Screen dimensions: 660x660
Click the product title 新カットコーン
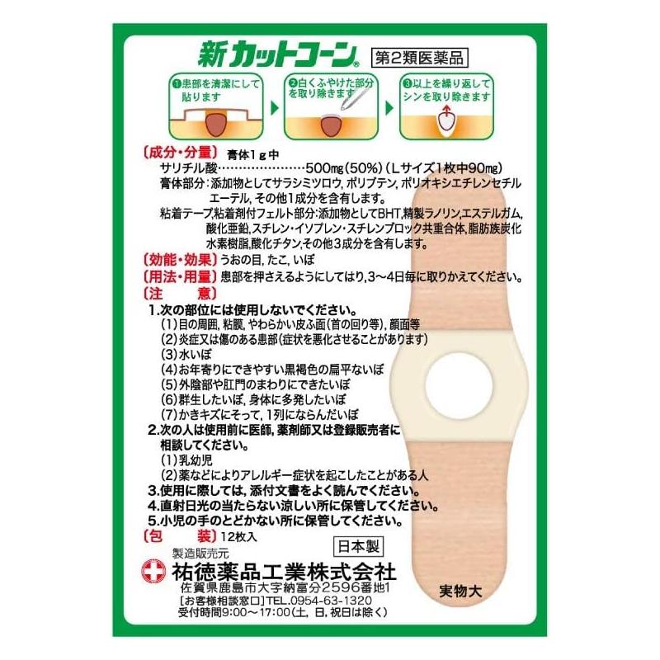coord(278,54)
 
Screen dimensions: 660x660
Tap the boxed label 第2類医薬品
coord(420,58)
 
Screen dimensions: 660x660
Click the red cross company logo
coord(154,571)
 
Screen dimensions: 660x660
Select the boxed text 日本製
coord(358,547)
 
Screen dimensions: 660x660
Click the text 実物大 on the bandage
coord(460,592)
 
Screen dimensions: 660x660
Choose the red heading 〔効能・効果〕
coord(181,259)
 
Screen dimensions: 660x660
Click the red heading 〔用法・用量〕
coord(181,276)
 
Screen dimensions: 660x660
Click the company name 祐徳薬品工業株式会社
coord(284,572)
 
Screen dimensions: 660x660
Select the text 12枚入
coord(238,537)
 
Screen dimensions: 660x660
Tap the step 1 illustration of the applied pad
coord(216,122)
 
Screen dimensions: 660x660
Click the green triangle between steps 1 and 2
coord(275,108)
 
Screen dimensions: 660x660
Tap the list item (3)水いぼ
coord(186,355)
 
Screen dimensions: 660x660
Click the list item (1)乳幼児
coord(186,460)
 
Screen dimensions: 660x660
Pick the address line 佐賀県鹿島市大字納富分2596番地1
coord(285,587)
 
